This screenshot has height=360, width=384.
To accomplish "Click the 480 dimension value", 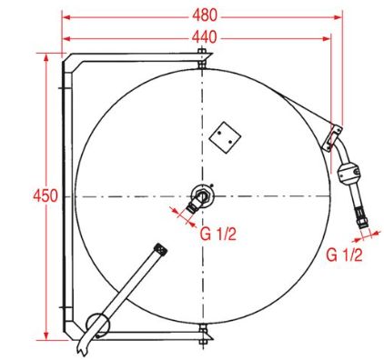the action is coord(205,15).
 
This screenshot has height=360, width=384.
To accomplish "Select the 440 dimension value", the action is coord(205,37).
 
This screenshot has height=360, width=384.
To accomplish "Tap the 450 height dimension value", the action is coord(45,195).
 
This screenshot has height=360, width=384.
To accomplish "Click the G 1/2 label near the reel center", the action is coord(217,235).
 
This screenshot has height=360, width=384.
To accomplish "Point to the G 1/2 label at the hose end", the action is coord(344,255).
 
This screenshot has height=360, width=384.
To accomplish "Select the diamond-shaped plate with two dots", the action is coord(225,137).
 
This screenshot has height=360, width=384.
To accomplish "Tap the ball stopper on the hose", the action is coord(349,174).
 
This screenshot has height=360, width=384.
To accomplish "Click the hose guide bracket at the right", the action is coord(332,138).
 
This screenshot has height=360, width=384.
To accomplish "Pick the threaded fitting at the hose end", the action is coord(361,216).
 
